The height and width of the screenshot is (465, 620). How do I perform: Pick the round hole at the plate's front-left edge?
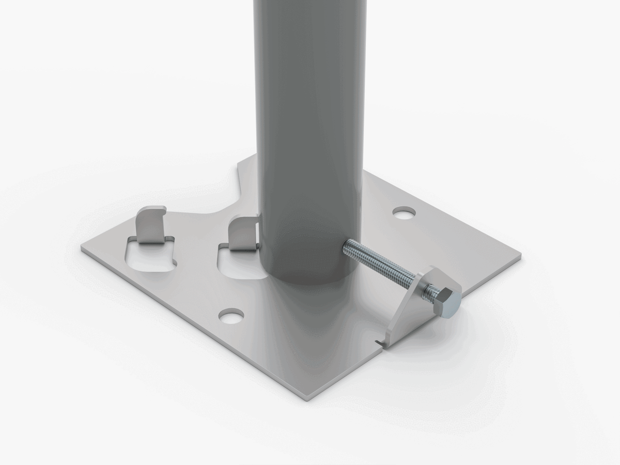pyautogui.click(x=231, y=316)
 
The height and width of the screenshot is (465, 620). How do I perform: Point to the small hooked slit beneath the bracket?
pyautogui.click(x=379, y=343)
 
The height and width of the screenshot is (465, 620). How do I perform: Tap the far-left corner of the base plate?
pyautogui.click(x=83, y=250)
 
